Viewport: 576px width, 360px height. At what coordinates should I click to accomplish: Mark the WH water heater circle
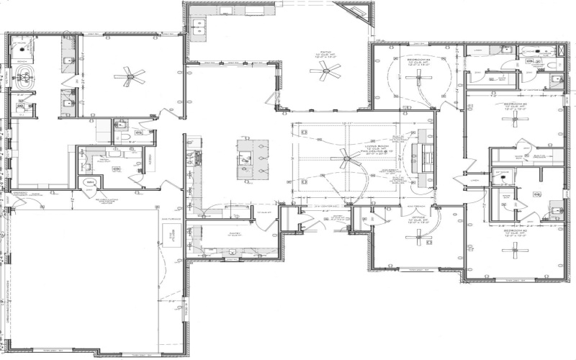tap(90, 183)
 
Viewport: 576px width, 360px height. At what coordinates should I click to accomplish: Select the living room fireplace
tap(425, 155)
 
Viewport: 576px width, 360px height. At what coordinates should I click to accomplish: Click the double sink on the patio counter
tap(200, 27)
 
